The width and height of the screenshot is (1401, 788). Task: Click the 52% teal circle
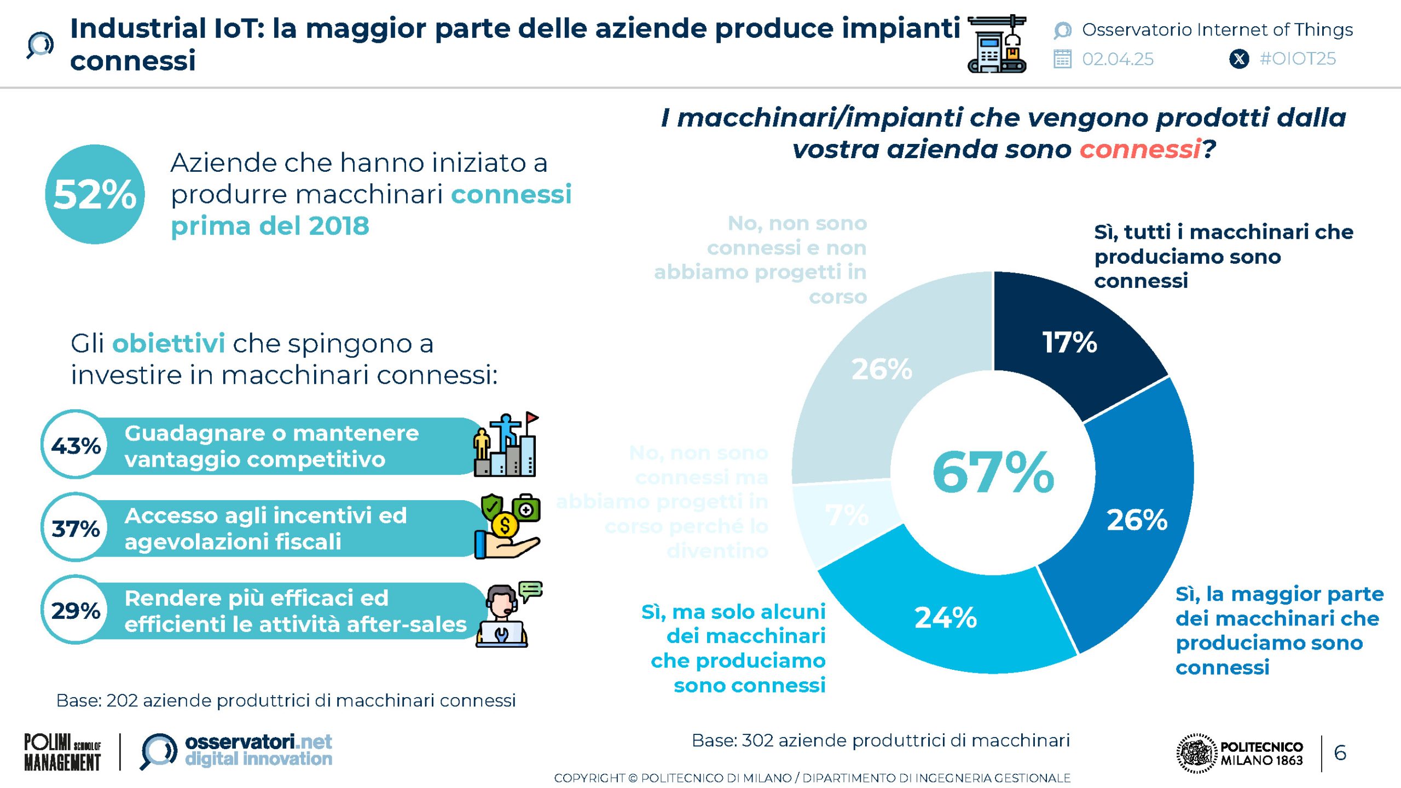[x=95, y=194]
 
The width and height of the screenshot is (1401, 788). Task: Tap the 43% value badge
[x=76, y=445]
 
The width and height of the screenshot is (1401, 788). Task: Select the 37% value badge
[x=76, y=528]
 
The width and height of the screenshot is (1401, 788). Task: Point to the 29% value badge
[x=76, y=610]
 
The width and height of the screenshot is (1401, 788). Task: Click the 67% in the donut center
[x=993, y=472]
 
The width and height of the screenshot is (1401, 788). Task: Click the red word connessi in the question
[x=1139, y=149]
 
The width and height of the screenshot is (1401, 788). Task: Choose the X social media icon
[x=1239, y=59]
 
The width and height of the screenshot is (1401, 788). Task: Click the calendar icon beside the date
[x=1062, y=59]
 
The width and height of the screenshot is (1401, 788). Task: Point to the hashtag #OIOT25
[x=1297, y=59]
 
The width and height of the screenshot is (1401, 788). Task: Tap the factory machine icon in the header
[x=997, y=44]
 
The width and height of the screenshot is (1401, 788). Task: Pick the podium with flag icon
[x=506, y=444]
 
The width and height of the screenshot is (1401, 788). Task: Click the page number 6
[x=1340, y=753]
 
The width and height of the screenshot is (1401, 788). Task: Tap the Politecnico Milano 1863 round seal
[x=1196, y=753]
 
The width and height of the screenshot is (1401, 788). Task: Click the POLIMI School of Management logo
[x=62, y=752]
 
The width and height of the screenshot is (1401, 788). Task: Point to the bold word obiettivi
[x=169, y=344]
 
